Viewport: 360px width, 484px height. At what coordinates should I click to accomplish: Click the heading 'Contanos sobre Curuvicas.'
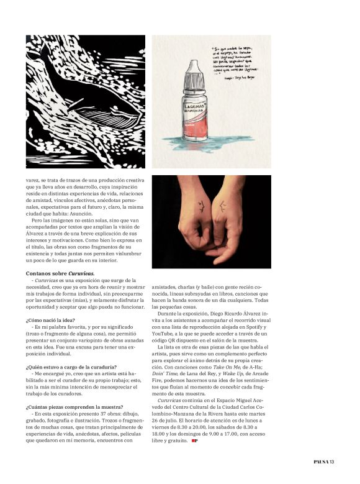60,273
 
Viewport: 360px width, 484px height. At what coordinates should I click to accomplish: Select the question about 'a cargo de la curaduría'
71,367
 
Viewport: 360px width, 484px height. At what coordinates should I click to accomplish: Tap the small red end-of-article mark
195,441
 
